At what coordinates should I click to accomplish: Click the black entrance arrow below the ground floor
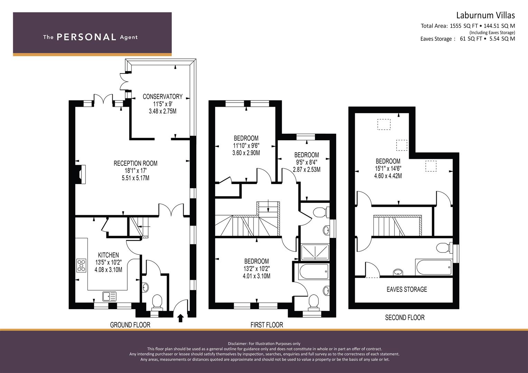point(180,318)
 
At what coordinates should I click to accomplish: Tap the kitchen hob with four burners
point(81,266)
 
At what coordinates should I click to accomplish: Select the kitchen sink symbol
point(109,296)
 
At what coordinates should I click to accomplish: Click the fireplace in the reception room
point(82,174)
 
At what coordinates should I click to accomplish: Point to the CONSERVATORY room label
point(163,97)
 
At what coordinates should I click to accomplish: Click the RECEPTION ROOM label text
point(135,163)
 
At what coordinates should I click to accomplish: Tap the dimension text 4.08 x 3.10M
point(109,270)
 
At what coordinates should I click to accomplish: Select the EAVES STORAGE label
point(407,289)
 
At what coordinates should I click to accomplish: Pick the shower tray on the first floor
point(315,252)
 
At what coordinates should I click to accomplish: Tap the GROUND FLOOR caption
point(130,325)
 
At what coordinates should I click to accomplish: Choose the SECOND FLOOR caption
point(405,317)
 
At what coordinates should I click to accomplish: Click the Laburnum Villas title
point(485,15)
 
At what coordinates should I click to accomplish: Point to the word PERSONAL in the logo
point(86,37)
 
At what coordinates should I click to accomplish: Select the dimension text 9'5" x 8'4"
point(307,162)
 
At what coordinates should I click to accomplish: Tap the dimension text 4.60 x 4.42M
point(388,176)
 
